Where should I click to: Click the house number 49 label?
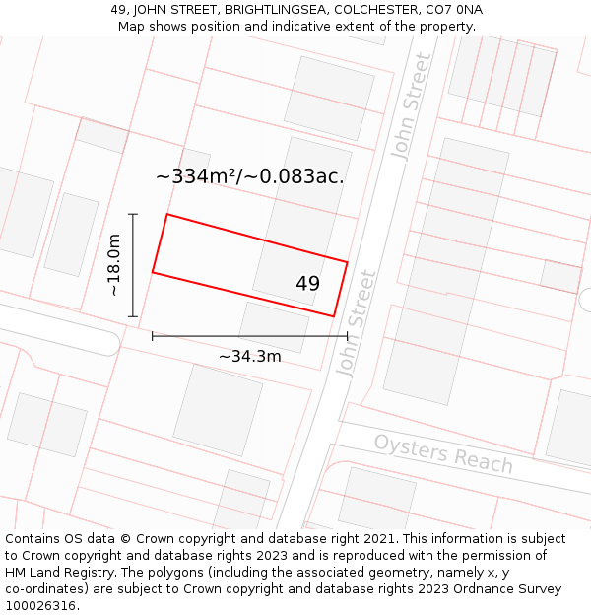click(307, 284)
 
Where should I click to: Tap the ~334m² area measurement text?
click(197, 176)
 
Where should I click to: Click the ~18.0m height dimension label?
click(114, 265)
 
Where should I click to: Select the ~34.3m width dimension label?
click(249, 356)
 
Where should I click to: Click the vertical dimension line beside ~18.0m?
click(133, 265)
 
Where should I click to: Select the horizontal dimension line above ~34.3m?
click(249, 336)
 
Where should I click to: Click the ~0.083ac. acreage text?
click(301, 176)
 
